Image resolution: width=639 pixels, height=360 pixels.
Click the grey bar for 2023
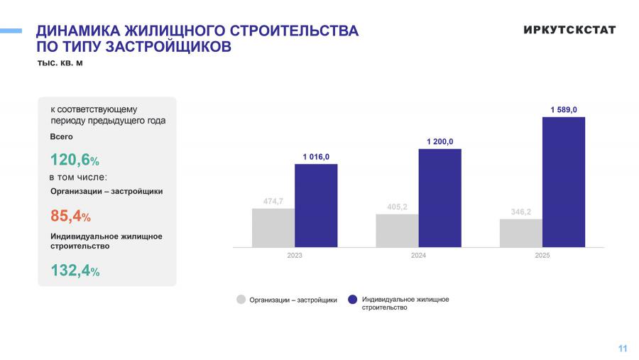273,227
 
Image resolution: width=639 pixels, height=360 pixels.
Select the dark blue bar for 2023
316,205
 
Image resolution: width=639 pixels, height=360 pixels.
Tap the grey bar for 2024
397,230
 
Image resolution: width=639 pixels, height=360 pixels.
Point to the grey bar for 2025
520,233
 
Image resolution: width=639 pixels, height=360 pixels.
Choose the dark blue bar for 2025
564,182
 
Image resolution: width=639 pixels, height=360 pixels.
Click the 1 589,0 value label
564,109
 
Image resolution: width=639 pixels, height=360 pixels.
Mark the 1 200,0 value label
439,141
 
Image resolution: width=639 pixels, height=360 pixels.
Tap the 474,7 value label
273,202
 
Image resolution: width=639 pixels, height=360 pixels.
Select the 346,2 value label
520,212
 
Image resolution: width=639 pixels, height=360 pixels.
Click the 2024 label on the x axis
418,256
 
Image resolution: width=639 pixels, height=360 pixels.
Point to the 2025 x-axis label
542,256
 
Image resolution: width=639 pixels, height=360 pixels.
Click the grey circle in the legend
241,300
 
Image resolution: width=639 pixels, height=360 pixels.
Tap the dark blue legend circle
353,300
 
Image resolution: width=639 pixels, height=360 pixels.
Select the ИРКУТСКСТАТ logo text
569,30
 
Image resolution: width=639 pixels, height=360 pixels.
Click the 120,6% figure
75,160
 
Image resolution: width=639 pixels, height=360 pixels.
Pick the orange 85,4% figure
70,216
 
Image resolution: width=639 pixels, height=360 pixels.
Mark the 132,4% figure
75,271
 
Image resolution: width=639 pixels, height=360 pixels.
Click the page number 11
623,348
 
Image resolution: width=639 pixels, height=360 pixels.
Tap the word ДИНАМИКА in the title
78,31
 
